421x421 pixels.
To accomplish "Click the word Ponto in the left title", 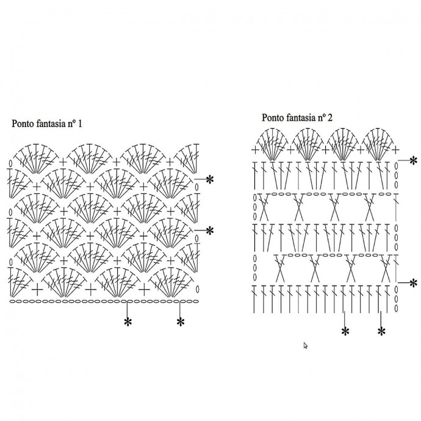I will pyautogui.click(x=23, y=124).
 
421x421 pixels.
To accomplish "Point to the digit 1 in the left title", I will pyautogui.click(x=80, y=124).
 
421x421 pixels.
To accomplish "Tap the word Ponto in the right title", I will pyautogui.click(x=273, y=118).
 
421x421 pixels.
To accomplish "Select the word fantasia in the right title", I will pyautogui.click(x=301, y=118).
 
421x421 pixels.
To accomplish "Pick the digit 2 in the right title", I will pyautogui.click(x=330, y=118).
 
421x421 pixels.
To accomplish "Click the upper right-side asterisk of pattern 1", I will pyautogui.click(x=209, y=179).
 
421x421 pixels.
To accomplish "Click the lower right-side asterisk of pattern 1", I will pyautogui.click(x=209, y=230).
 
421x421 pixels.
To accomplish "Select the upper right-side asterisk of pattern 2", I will pyautogui.click(x=413, y=159).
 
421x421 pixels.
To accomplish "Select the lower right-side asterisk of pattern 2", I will pyautogui.click(x=413, y=282).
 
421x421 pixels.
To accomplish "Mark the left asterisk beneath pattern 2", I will pyautogui.click(x=345, y=331).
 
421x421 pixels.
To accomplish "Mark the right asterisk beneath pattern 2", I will pyautogui.click(x=382, y=331).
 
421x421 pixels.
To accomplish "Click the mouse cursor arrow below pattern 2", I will pyautogui.click(x=306, y=345).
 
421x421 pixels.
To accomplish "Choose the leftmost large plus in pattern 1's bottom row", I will pyautogui.click(x=38, y=287).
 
